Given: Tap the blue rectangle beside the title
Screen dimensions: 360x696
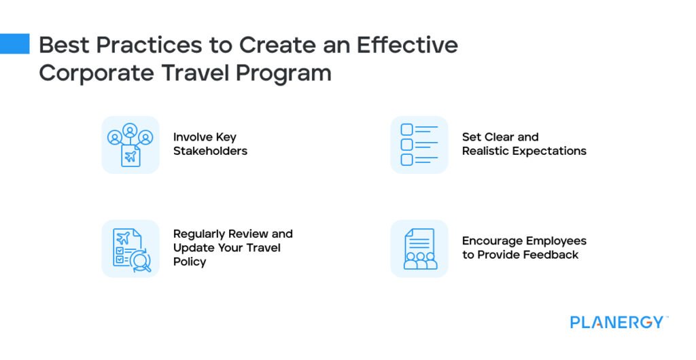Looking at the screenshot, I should [x=14, y=43].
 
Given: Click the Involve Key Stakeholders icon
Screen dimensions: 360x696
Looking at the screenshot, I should [x=130, y=145].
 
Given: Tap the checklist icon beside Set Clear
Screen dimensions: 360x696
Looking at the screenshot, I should [x=419, y=145].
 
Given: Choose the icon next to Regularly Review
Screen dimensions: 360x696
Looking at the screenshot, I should [x=130, y=249].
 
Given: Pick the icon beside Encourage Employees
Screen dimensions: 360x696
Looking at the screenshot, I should [x=419, y=249].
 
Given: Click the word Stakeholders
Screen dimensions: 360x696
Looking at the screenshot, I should [x=210, y=151].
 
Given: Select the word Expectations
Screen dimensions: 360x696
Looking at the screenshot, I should [x=549, y=151].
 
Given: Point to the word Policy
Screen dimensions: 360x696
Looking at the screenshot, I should [x=190, y=262].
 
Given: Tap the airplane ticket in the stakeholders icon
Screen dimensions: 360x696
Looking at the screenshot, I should [x=130, y=157].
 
